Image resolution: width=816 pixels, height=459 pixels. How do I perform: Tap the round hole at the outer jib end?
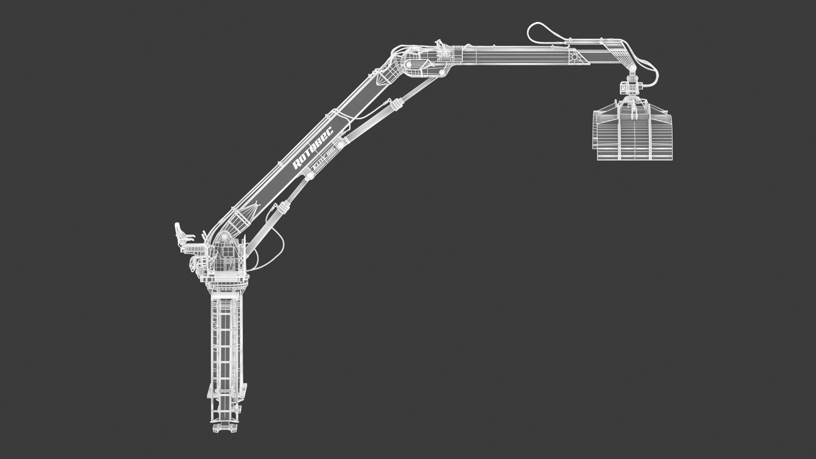pyautogui.click(x=574, y=57)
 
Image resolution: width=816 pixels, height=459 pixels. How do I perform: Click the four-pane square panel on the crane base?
pyautogui.click(x=228, y=252)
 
